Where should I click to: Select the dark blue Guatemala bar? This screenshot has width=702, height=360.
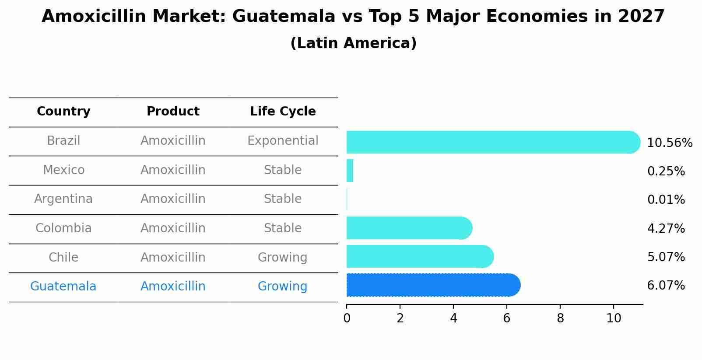tap(433, 285)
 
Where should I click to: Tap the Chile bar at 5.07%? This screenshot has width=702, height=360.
tap(420, 256)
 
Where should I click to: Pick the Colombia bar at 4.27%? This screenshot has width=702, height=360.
tap(409, 228)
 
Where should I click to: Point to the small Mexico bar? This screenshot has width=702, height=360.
tap(350, 171)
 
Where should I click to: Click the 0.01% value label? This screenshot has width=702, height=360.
tap(666, 200)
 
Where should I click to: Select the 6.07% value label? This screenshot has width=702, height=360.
tap(666, 286)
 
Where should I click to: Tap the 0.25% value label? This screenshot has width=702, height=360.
tap(666, 171)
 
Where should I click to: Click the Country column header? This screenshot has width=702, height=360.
tap(63, 112)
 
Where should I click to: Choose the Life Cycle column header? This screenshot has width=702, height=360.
tap(283, 112)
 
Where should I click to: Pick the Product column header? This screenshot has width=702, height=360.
tap(173, 112)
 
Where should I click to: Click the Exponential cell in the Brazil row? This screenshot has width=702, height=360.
tap(283, 141)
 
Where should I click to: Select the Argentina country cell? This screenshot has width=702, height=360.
tap(63, 199)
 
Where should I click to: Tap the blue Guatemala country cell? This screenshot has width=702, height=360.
tap(63, 287)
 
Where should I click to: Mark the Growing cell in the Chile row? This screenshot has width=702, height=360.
tap(283, 257)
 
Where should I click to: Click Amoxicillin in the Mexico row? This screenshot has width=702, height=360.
tap(173, 170)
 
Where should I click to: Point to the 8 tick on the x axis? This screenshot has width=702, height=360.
tap(560, 318)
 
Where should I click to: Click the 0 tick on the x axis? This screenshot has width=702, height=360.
tap(347, 318)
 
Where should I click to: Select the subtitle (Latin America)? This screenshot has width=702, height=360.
tap(353, 43)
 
